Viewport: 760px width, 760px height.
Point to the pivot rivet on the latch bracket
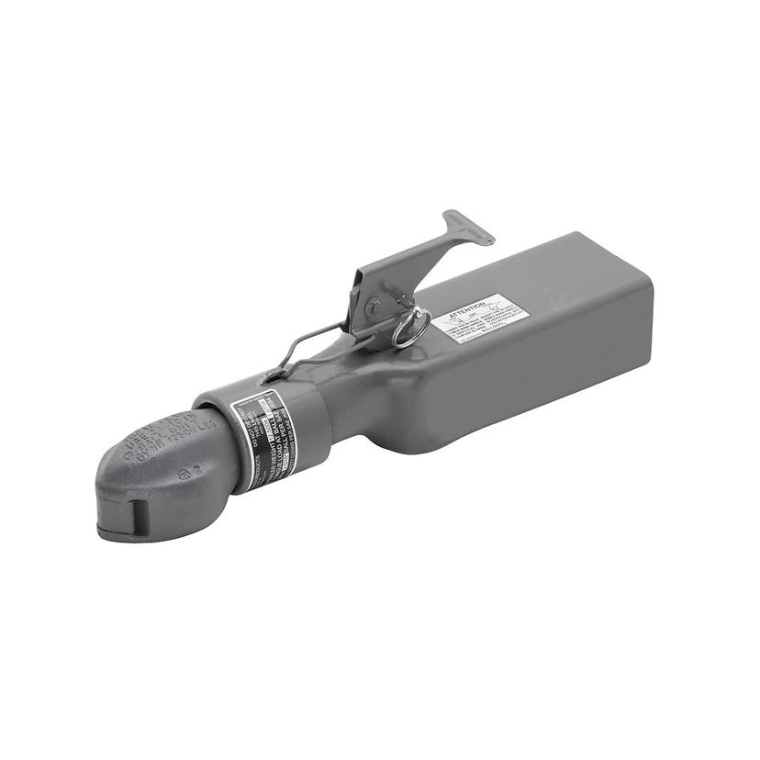374,306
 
